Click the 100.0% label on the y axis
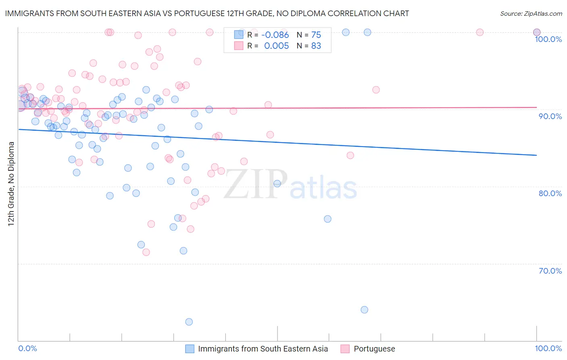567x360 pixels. (548, 39)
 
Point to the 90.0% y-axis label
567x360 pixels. (550, 116)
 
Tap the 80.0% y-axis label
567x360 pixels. (550, 193)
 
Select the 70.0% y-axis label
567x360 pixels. (550, 271)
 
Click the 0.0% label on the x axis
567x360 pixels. (27, 348)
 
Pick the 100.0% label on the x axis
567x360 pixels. (548, 348)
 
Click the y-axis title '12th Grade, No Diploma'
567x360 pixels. (11, 184)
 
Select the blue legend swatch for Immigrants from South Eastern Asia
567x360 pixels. (190, 349)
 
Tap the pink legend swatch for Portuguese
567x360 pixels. (345, 349)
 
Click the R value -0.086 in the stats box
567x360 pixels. (275, 35)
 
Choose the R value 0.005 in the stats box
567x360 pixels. (276, 46)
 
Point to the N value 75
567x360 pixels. (316, 35)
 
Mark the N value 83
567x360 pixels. (316, 46)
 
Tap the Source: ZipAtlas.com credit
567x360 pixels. (531, 13)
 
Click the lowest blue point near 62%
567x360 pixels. (189, 322)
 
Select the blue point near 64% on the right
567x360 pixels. (364, 310)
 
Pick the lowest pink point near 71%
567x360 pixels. (146, 252)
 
